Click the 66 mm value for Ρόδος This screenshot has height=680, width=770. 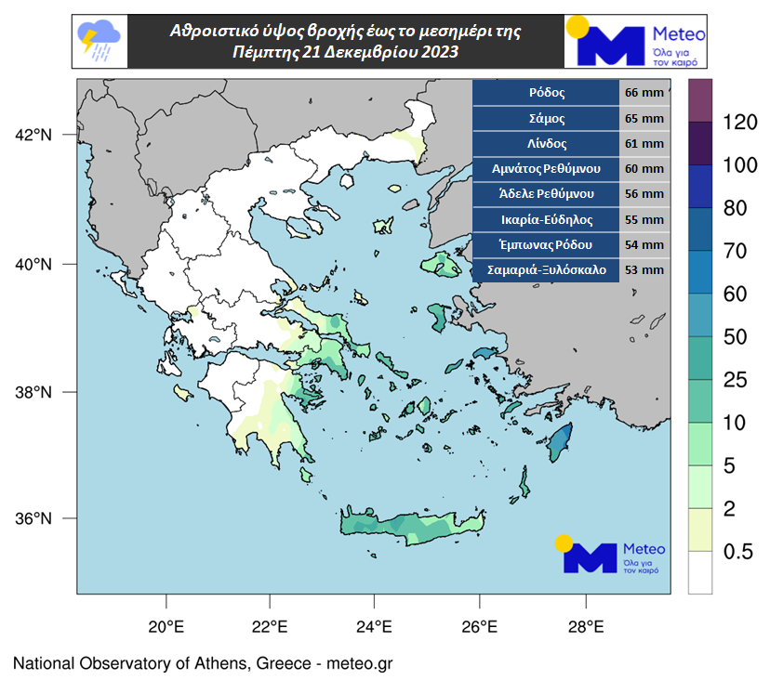(644, 94)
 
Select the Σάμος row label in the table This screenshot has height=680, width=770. (546, 119)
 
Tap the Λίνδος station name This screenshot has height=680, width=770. (546, 144)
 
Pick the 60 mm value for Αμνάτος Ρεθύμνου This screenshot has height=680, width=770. (644, 169)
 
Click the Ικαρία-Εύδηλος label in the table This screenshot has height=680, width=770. (546, 220)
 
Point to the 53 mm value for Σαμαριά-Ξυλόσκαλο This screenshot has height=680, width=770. (644, 270)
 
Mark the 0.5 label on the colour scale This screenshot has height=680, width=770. (737, 552)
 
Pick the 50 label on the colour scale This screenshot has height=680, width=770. (737, 336)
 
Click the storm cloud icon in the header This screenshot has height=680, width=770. (99, 41)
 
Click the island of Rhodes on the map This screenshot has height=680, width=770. (559, 442)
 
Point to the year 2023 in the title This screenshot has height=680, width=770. (438, 53)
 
